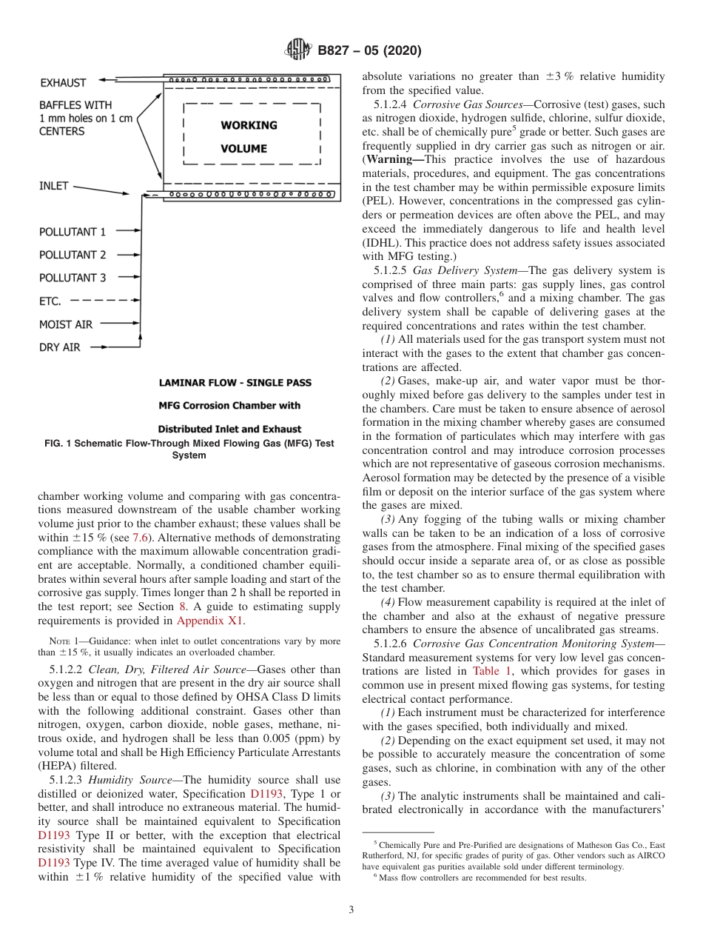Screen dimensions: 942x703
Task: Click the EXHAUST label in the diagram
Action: point(63,83)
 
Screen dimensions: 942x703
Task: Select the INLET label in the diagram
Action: point(53,186)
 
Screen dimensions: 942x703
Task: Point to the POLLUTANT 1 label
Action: point(73,232)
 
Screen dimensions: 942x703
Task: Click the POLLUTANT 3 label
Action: point(73,278)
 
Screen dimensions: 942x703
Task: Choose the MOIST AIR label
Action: point(66,324)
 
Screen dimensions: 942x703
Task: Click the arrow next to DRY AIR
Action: point(115,347)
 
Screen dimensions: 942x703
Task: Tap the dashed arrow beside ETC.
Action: point(104,301)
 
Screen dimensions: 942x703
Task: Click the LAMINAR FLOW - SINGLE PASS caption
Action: point(235,383)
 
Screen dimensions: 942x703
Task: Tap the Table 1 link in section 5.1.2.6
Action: point(490,671)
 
